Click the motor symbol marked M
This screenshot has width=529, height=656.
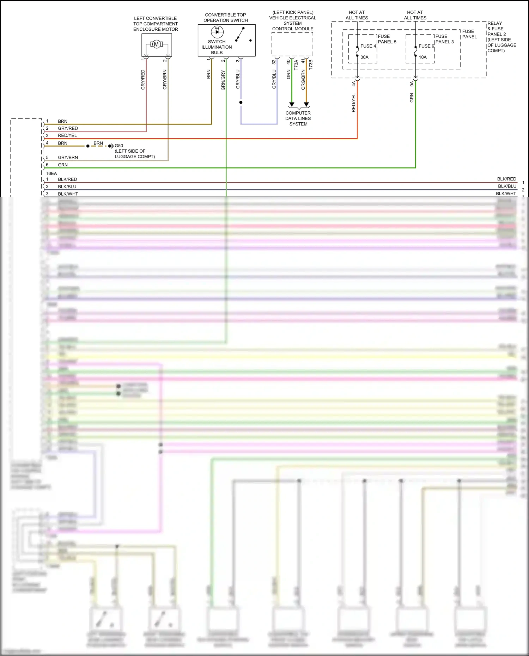point(157,44)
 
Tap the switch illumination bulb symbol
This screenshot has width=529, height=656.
point(217,32)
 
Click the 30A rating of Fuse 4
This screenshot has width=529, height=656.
point(364,57)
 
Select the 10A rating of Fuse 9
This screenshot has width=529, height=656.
point(422,57)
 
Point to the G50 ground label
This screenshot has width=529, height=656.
point(119,146)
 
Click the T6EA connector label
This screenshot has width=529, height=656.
point(51,173)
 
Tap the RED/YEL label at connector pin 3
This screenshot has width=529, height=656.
point(67,135)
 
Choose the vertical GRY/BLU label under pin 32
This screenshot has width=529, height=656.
point(274,79)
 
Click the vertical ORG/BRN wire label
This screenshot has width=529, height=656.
point(303,80)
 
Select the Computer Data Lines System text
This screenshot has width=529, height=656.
point(298,118)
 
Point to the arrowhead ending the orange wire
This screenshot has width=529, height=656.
point(306,105)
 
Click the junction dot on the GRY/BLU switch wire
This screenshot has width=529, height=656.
point(241,102)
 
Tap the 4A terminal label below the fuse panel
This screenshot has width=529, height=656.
point(353,84)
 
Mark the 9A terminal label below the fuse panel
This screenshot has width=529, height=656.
point(412,84)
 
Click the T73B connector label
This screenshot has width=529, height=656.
point(311,65)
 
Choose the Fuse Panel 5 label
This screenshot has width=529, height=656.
point(387,39)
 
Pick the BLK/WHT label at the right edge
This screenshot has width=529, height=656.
point(506,194)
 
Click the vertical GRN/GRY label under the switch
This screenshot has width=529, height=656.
point(223,80)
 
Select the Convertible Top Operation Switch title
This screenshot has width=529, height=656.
point(226,18)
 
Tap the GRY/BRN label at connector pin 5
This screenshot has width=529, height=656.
point(68,157)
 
